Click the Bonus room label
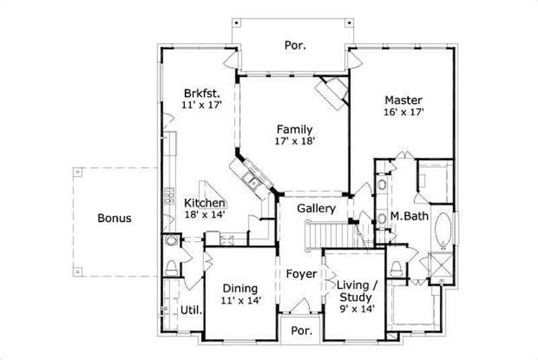point(114,218)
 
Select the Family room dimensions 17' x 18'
point(295,141)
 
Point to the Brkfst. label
point(202,93)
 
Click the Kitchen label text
point(205,203)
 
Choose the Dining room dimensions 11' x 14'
point(241,300)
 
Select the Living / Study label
point(356,290)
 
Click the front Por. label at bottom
point(300,332)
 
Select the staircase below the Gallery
point(331,234)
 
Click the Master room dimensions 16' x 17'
point(403,112)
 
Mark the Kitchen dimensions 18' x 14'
point(204,215)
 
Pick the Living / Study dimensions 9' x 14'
point(357,308)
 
